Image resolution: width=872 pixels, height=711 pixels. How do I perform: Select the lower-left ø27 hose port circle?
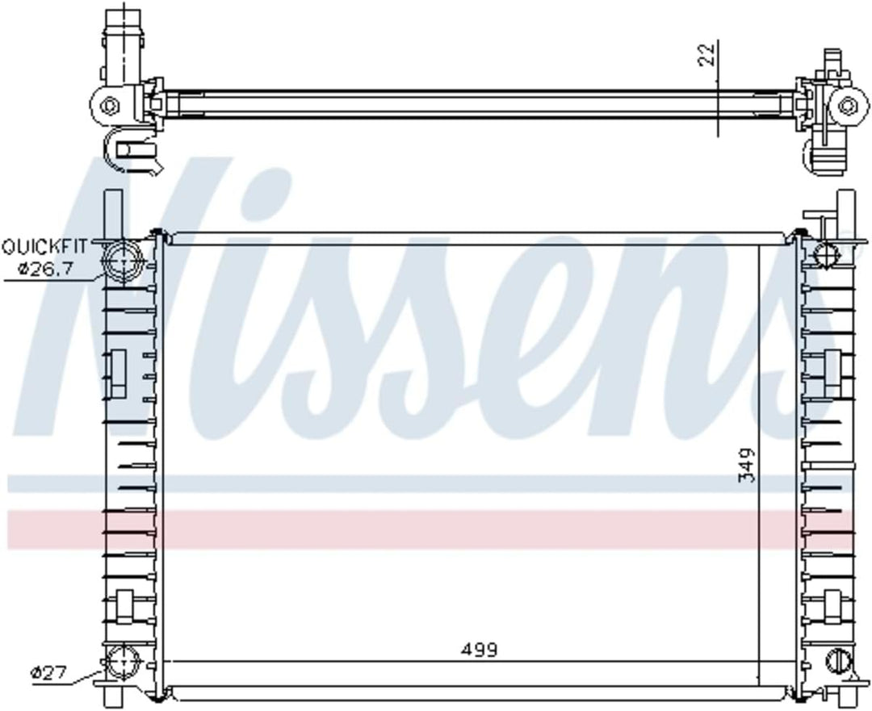click(x=122, y=665)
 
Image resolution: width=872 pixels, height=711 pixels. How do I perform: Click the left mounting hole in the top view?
click(x=111, y=105)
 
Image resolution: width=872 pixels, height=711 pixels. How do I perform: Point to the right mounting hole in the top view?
click(x=847, y=105)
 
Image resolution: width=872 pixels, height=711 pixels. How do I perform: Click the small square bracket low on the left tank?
click(x=125, y=607)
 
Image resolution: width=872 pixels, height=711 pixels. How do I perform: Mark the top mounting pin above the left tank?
click(x=114, y=211)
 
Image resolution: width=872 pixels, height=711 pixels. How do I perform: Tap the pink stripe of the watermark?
click(x=436, y=529)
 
